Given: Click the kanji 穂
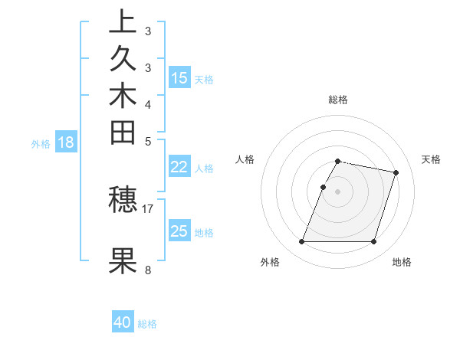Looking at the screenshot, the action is click(x=123, y=200).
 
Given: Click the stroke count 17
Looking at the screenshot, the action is click(x=148, y=208).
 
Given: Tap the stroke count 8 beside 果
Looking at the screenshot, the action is click(x=148, y=270).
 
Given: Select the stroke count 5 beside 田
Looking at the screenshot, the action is click(x=148, y=141).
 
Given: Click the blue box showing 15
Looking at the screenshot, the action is click(x=179, y=78).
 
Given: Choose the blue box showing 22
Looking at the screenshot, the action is click(x=179, y=168).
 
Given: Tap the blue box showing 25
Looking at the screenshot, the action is click(x=179, y=232).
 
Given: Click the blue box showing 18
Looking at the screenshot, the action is click(x=66, y=142).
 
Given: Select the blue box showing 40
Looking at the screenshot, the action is click(x=123, y=323).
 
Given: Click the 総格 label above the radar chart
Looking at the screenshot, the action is click(x=337, y=100).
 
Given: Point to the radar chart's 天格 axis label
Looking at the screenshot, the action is click(x=431, y=159).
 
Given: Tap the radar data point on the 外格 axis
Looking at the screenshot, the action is click(x=302, y=242).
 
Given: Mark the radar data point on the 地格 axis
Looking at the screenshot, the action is click(x=373, y=242).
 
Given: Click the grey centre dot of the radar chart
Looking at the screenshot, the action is click(x=337, y=191).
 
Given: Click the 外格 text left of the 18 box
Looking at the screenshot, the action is click(x=41, y=143).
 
